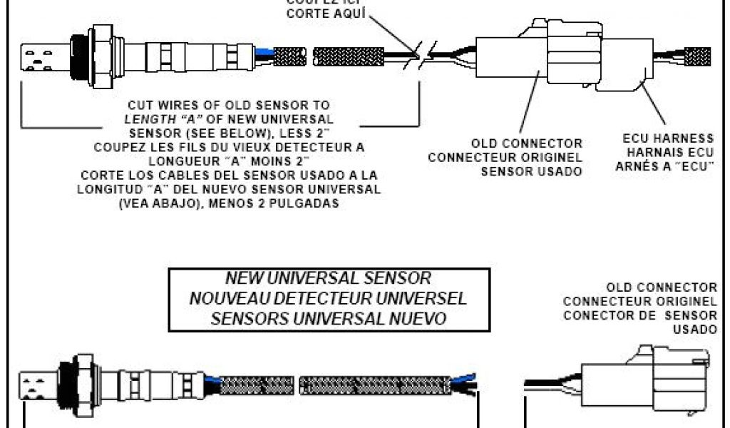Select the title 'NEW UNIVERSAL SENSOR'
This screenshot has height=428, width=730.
[327, 277]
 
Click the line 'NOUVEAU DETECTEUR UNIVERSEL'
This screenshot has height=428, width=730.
[328, 297]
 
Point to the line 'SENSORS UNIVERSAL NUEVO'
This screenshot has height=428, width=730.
[328, 317]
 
